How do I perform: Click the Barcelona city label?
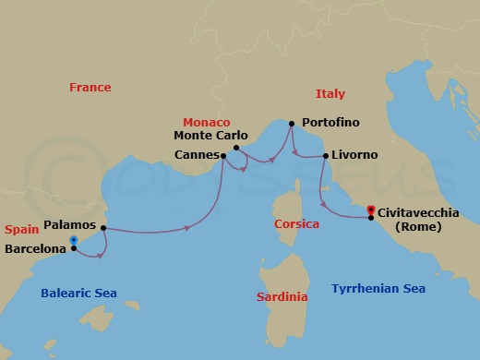[x=34, y=248]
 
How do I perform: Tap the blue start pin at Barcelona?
[x=73, y=242]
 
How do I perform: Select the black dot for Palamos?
[x=103, y=227]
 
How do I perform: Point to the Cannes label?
[x=196, y=155]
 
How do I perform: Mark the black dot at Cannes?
[x=223, y=155]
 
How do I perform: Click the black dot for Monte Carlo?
[x=236, y=147]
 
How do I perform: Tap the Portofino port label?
[x=329, y=122]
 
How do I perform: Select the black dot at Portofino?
[x=292, y=123]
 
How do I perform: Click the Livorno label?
[x=355, y=155]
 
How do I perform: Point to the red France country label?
[x=90, y=88]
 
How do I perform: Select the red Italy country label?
[x=330, y=94]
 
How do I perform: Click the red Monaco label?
[x=207, y=122]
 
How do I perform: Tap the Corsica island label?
[x=297, y=224]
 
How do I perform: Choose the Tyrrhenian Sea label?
[x=378, y=289]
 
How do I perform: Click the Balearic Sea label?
[x=78, y=294]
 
